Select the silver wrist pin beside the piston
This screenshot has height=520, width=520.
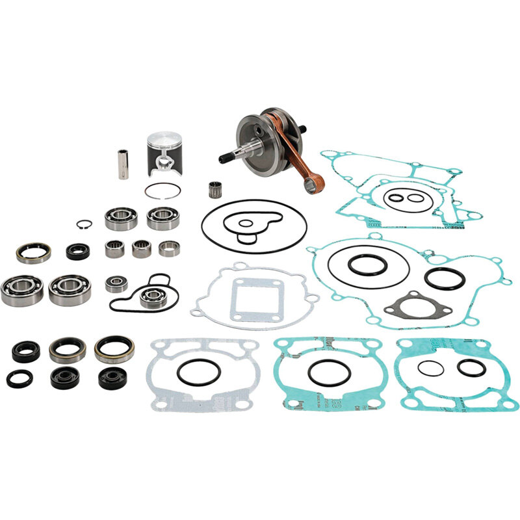(122, 164)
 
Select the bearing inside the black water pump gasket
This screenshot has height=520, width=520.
(152, 296)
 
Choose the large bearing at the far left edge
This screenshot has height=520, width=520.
(21, 290)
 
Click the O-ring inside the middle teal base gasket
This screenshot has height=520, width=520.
(330, 372)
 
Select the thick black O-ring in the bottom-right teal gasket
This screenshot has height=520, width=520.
(471, 367)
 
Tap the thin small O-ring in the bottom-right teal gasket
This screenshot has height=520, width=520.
(430, 369)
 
